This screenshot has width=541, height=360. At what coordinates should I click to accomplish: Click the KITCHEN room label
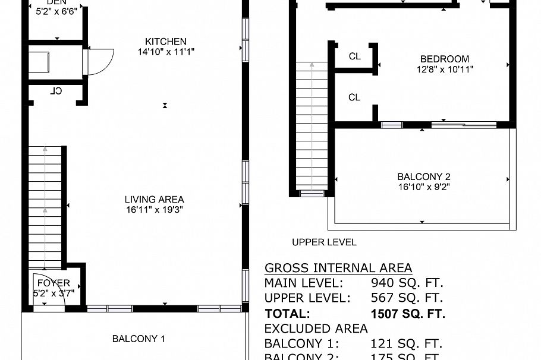[166, 42]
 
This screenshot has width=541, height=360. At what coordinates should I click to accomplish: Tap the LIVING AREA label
[154, 200]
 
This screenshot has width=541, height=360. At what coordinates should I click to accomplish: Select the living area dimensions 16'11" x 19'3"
[154, 210]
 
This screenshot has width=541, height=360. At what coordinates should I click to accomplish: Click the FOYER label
[54, 283]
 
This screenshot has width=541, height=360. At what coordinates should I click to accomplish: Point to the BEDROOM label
[444, 59]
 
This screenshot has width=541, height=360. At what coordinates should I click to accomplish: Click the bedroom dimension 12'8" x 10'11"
[444, 69]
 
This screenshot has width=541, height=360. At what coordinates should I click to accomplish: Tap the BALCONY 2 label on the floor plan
[423, 176]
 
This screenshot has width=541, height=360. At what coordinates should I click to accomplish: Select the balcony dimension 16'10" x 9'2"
[423, 187]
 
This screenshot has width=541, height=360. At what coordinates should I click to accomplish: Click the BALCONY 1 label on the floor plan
[139, 339]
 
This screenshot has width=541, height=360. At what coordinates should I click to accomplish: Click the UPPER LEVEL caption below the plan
[324, 242]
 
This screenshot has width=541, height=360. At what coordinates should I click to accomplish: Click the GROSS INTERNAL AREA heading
[338, 268]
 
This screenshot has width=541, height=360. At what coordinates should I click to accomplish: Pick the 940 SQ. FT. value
[407, 283]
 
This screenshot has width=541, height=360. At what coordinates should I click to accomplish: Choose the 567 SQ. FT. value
[407, 298]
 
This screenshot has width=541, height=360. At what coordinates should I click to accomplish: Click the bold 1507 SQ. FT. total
[407, 314]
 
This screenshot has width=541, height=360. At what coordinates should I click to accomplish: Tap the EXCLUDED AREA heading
[316, 329]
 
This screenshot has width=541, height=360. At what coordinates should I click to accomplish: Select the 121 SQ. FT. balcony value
[407, 344]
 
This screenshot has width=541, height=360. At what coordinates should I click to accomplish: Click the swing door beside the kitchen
[97, 61]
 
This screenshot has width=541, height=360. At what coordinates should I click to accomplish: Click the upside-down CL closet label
[56, 91]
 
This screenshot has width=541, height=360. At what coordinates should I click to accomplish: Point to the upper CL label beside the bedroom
[355, 57]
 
